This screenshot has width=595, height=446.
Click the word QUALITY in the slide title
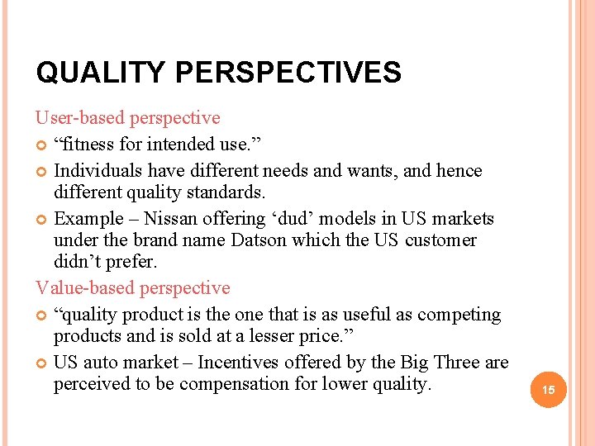[x=101, y=73]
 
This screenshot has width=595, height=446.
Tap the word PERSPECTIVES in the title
[x=288, y=73]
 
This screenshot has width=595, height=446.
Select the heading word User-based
[x=81, y=119]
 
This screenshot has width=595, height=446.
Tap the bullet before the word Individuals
[x=42, y=172]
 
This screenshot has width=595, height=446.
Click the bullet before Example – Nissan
[x=42, y=220]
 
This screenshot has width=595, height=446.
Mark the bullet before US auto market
[x=42, y=363]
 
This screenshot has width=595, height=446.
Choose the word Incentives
[x=240, y=363]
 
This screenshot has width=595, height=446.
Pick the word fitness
[x=88, y=145]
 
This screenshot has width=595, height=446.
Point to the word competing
[x=459, y=315]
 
